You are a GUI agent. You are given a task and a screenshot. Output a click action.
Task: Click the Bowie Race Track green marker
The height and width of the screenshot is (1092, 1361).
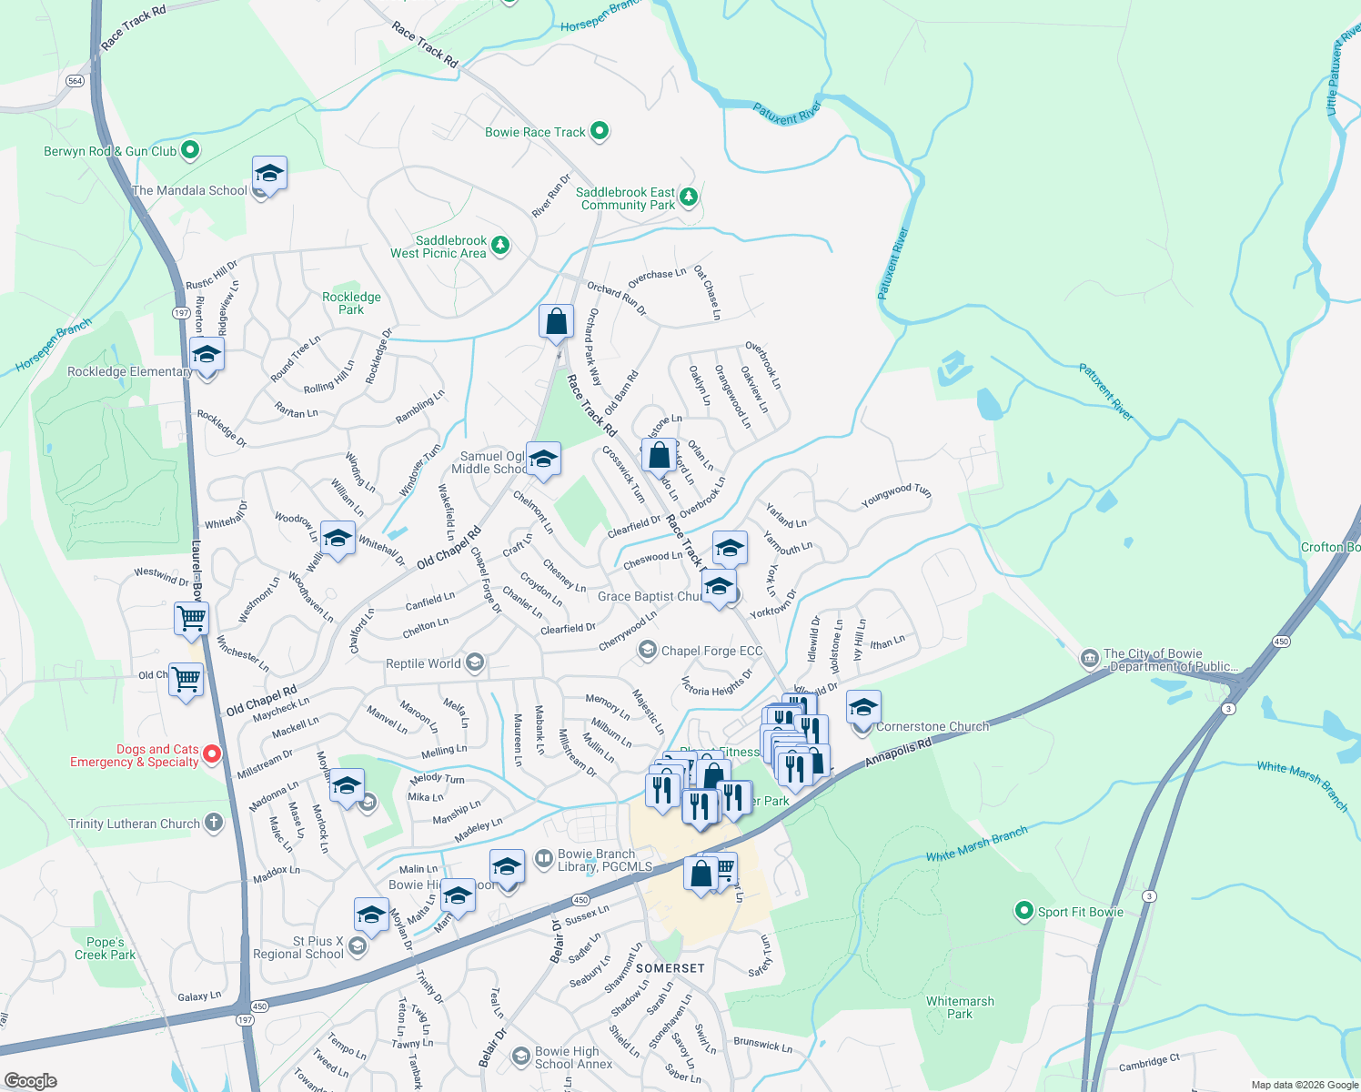coord(600,131)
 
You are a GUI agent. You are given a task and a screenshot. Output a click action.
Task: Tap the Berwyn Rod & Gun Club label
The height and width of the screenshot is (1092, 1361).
coord(110,151)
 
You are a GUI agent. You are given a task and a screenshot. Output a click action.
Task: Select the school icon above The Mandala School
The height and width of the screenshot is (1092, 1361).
coord(269,172)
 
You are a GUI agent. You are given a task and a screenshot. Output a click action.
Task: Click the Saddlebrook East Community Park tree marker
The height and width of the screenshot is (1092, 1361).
coord(689,196)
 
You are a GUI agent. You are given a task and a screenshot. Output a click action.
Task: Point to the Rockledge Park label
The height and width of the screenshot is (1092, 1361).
coord(351,303)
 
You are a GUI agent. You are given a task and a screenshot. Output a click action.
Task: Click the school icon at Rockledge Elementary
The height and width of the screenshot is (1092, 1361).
coord(207,354)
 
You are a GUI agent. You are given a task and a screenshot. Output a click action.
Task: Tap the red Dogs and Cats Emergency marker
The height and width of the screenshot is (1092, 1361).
coord(212,753)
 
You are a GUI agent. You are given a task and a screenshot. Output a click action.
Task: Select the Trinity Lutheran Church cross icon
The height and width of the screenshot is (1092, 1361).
coord(213,823)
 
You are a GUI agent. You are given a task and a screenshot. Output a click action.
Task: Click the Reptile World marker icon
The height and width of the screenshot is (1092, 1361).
coord(474,662)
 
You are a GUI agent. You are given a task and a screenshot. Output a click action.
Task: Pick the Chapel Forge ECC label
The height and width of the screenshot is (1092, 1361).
coord(711,651)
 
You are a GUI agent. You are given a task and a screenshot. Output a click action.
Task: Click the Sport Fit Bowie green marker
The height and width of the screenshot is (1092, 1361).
coord(1024,911)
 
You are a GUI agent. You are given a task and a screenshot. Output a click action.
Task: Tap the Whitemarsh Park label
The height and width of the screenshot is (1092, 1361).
coord(960,1007)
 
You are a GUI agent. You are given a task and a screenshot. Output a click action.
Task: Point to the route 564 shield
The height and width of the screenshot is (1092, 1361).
coord(76,81)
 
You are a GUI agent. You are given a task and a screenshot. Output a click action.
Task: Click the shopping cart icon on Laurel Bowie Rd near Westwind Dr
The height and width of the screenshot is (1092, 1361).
coord(192,619)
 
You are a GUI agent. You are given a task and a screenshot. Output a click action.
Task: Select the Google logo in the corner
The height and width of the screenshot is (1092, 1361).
coord(30,1081)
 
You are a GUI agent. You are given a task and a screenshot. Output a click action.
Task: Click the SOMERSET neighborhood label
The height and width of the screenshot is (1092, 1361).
coord(670,968)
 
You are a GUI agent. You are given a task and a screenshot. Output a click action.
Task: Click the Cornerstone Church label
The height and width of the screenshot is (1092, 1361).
coord(932,726)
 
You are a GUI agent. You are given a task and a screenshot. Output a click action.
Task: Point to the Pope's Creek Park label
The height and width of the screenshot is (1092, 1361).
coord(105,948)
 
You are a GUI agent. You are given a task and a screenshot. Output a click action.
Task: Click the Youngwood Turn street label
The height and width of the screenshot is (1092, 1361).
coord(896,497)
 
